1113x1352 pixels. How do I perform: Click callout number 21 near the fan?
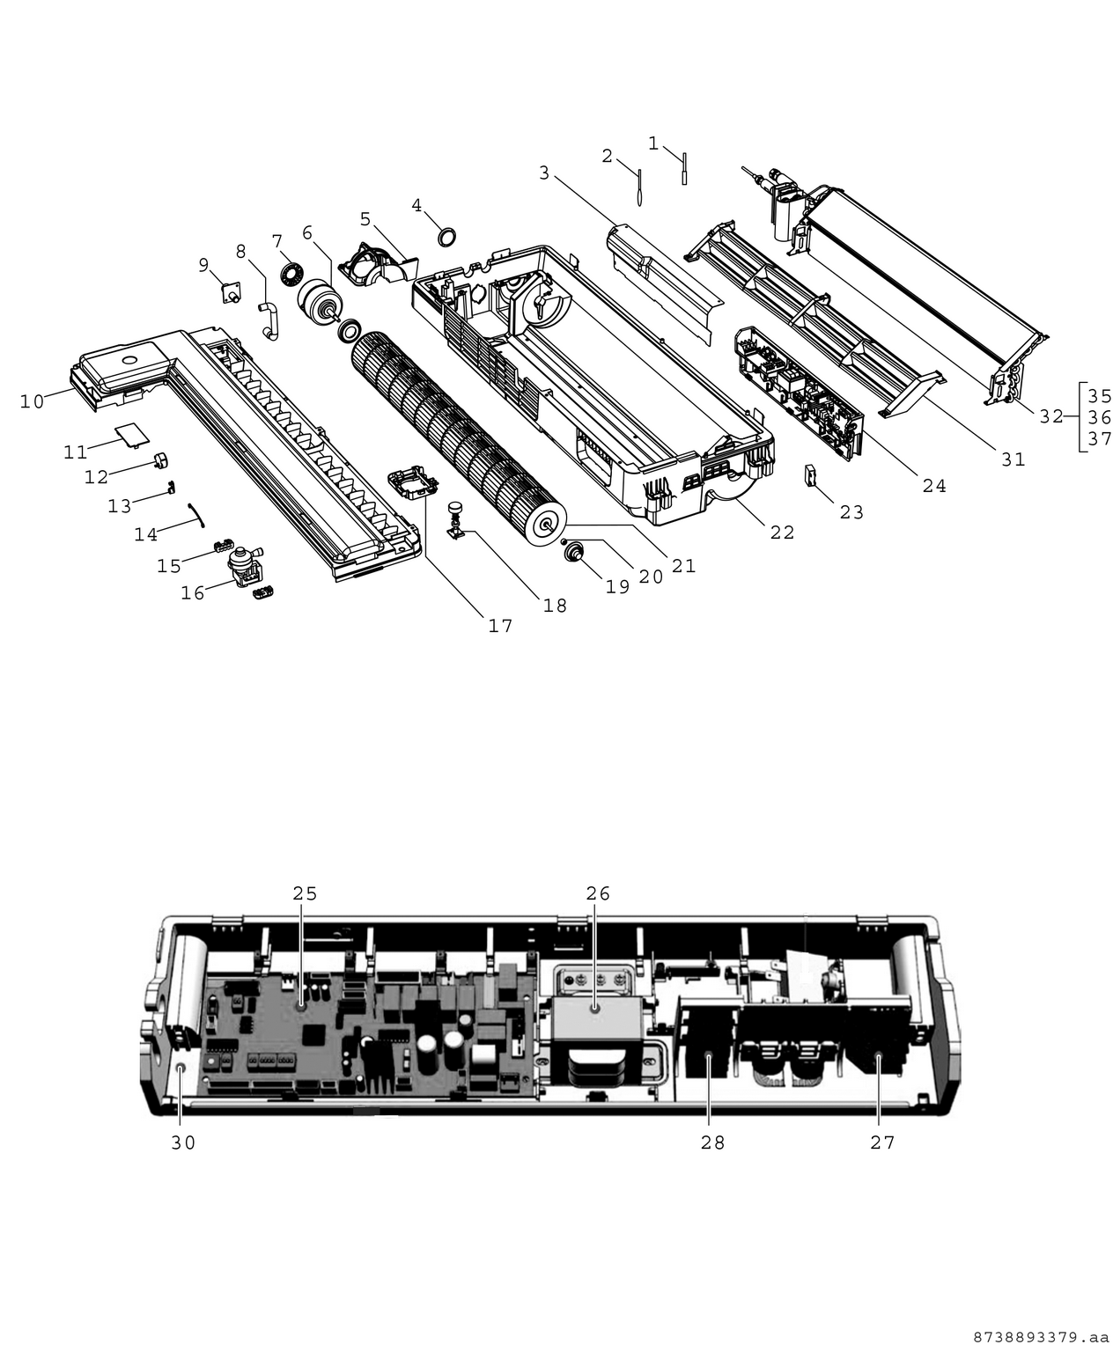(x=683, y=566)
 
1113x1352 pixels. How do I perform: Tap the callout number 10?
(x=32, y=401)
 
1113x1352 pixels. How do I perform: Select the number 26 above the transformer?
(x=598, y=893)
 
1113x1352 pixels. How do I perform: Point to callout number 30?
(x=183, y=1143)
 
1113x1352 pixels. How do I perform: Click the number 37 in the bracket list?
(x=1100, y=438)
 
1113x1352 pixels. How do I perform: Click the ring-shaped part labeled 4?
(x=448, y=236)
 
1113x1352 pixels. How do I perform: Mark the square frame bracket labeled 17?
(x=412, y=483)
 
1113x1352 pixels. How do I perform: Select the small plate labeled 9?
(x=232, y=291)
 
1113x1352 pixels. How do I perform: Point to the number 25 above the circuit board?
(x=305, y=893)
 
